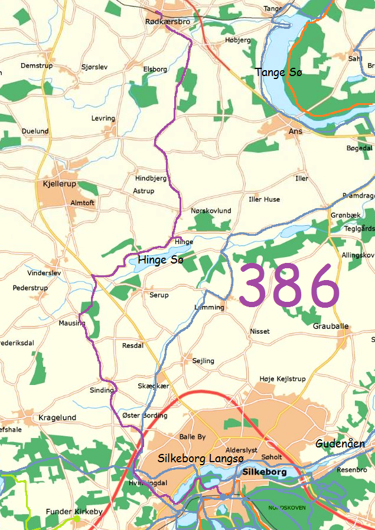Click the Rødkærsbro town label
[x=168, y=22]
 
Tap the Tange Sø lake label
[x=278, y=73]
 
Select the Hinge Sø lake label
[x=161, y=259]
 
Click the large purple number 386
[x=289, y=285]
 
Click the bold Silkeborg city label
[x=264, y=472]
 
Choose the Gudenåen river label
[x=340, y=444]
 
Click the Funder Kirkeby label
[x=74, y=512]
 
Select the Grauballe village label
[x=331, y=326]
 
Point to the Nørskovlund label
[x=211, y=210]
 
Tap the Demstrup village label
[x=37, y=65]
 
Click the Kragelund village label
[x=57, y=417]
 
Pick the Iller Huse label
[x=264, y=199]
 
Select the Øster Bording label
[x=145, y=415]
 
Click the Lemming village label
[x=210, y=307]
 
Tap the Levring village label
[x=103, y=118]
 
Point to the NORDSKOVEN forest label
[x=287, y=508]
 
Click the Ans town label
[x=295, y=131]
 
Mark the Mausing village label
[x=72, y=323]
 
